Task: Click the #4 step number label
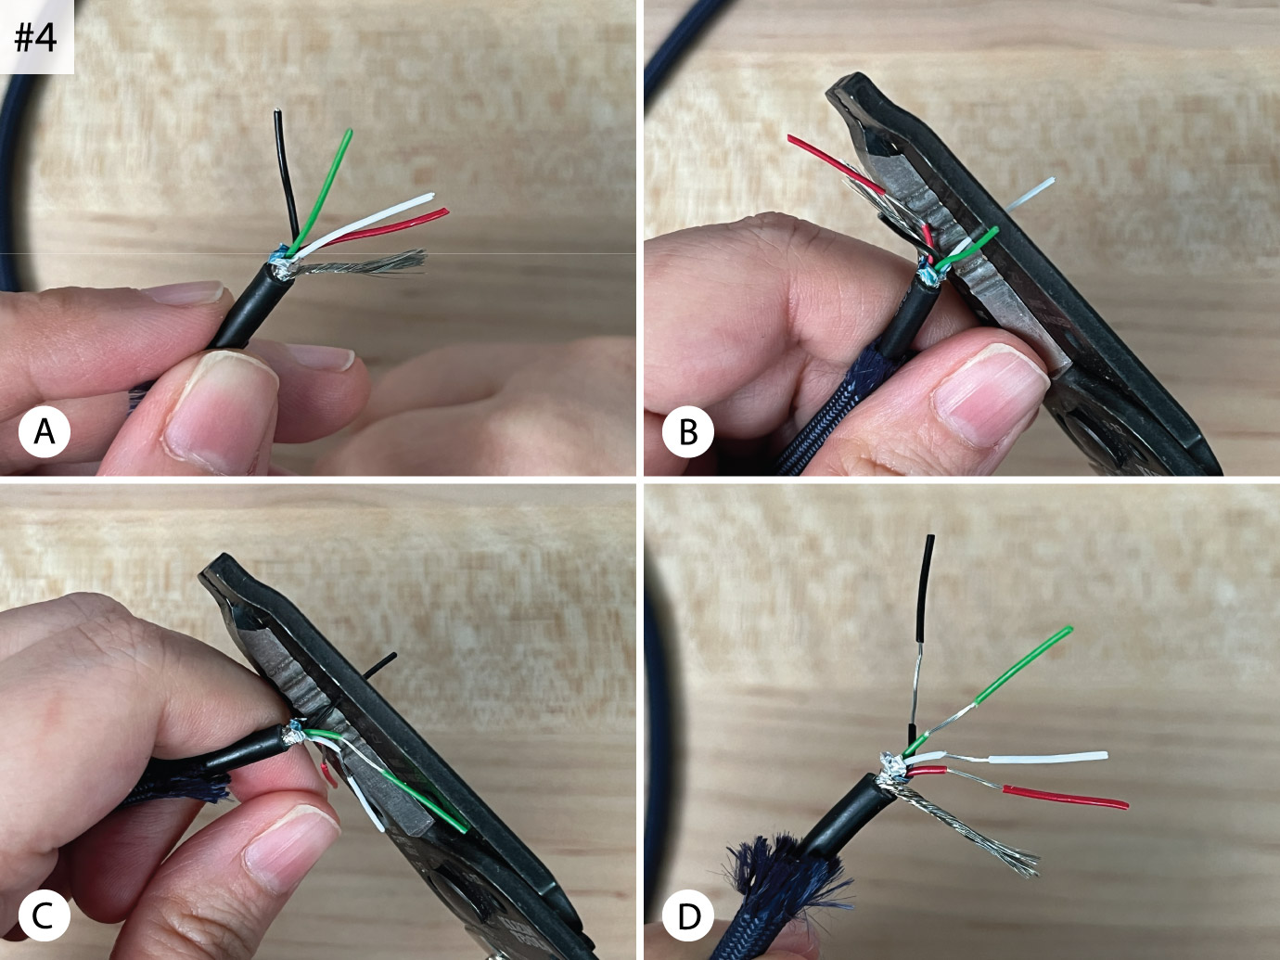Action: tap(36, 38)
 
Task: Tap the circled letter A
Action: tap(45, 432)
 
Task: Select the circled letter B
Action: tap(688, 432)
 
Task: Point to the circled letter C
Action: tap(45, 915)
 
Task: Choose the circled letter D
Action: tap(688, 916)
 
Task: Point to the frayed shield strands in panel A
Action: tap(362, 265)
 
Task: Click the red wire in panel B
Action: tap(834, 164)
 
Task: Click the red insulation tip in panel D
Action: tap(1065, 797)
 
